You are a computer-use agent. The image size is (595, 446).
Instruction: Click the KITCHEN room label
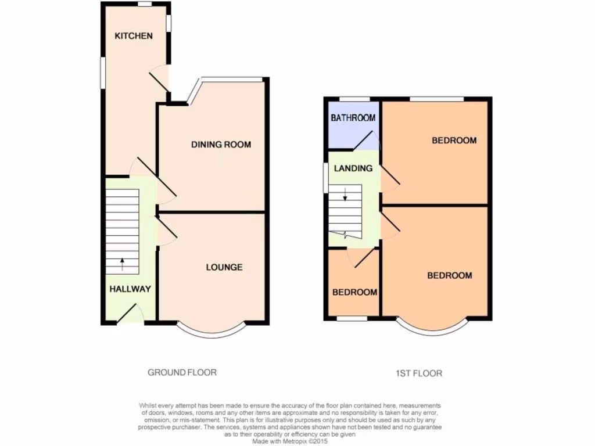coord(134,36)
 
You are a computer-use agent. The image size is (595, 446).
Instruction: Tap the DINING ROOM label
coord(221,145)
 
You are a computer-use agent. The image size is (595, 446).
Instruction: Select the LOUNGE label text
coord(224,267)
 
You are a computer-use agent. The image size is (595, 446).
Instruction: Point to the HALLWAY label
coord(130,289)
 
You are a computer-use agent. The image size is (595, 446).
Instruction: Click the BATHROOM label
coord(353,118)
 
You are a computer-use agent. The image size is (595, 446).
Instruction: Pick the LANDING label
coord(353,168)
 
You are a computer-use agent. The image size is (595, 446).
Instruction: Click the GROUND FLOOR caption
coord(182,372)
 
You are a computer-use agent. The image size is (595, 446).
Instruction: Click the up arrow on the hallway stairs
coord(123,264)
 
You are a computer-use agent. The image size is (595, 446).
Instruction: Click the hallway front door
coord(131,314)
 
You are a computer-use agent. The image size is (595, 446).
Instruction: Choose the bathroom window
coord(354,99)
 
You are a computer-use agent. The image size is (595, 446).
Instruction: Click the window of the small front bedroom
coord(352,318)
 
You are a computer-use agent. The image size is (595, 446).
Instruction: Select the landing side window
coord(325,178)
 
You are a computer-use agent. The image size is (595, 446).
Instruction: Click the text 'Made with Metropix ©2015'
coord(290,441)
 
